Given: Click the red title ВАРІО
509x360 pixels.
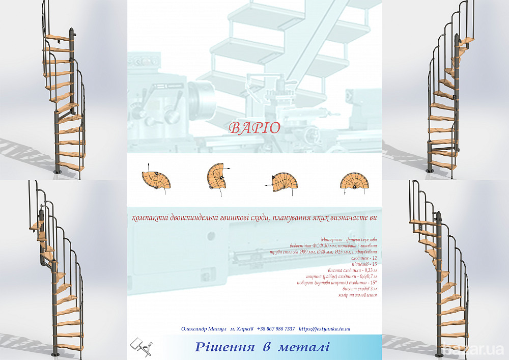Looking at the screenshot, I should (x=254, y=128).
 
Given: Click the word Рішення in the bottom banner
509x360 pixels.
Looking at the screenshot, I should (x=225, y=347).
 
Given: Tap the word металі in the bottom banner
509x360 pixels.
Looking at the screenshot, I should (x=304, y=347).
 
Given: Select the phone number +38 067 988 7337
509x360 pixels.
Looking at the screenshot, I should (x=276, y=329).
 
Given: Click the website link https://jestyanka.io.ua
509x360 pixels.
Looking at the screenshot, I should (x=324, y=329).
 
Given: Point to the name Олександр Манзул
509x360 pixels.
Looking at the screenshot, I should (x=203, y=329).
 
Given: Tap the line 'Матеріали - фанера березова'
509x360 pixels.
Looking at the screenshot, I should (x=349, y=239).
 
